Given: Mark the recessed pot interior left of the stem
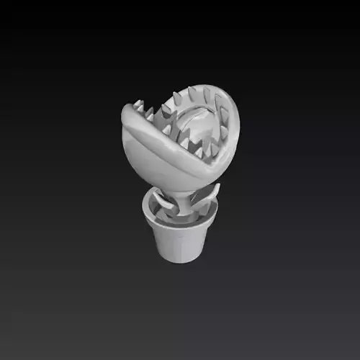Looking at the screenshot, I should [x=160, y=212].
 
